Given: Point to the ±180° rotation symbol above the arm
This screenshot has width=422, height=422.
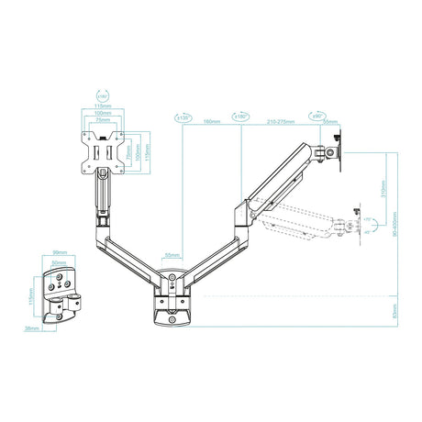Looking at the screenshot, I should pos(241,117).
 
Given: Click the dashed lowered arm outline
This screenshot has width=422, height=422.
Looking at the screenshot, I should pos(294,218).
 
